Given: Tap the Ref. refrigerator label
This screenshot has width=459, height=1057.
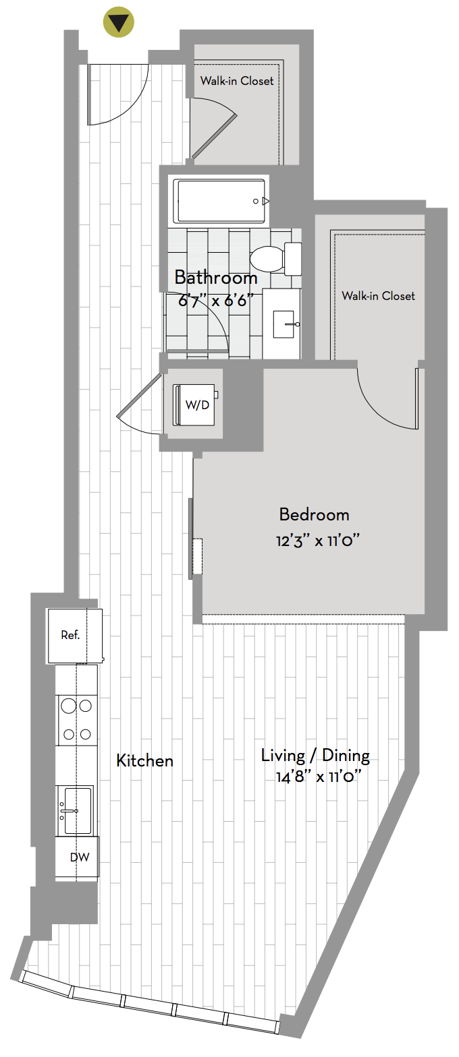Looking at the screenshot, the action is tap(70, 635).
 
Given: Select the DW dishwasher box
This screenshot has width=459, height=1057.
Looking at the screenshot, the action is tap(77, 857).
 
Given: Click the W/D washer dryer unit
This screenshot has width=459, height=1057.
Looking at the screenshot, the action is tap(196, 405).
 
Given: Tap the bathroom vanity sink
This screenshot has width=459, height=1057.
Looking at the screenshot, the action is tap(284, 324).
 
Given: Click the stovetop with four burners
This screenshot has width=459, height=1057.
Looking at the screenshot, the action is tap(77, 720).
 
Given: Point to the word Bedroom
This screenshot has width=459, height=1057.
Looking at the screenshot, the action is tap(315, 514).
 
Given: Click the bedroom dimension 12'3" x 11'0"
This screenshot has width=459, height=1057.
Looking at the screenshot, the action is tap(318, 541).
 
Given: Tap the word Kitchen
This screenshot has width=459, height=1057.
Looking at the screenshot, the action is tap(144, 760).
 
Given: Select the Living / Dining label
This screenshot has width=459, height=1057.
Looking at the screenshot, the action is tap(315, 756).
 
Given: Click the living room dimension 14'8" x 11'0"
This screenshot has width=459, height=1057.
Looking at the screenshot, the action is tap(319, 777).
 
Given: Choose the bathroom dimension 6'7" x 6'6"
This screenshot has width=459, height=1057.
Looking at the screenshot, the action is tap(216, 299).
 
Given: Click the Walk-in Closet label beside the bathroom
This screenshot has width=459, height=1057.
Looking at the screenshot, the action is tap(378, 296).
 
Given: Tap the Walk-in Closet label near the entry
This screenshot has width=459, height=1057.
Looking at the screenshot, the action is tap(237, 81).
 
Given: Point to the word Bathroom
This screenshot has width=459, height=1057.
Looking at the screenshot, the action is tap(216, 278).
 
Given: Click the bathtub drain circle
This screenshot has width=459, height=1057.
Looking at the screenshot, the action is tap(256, 202).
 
